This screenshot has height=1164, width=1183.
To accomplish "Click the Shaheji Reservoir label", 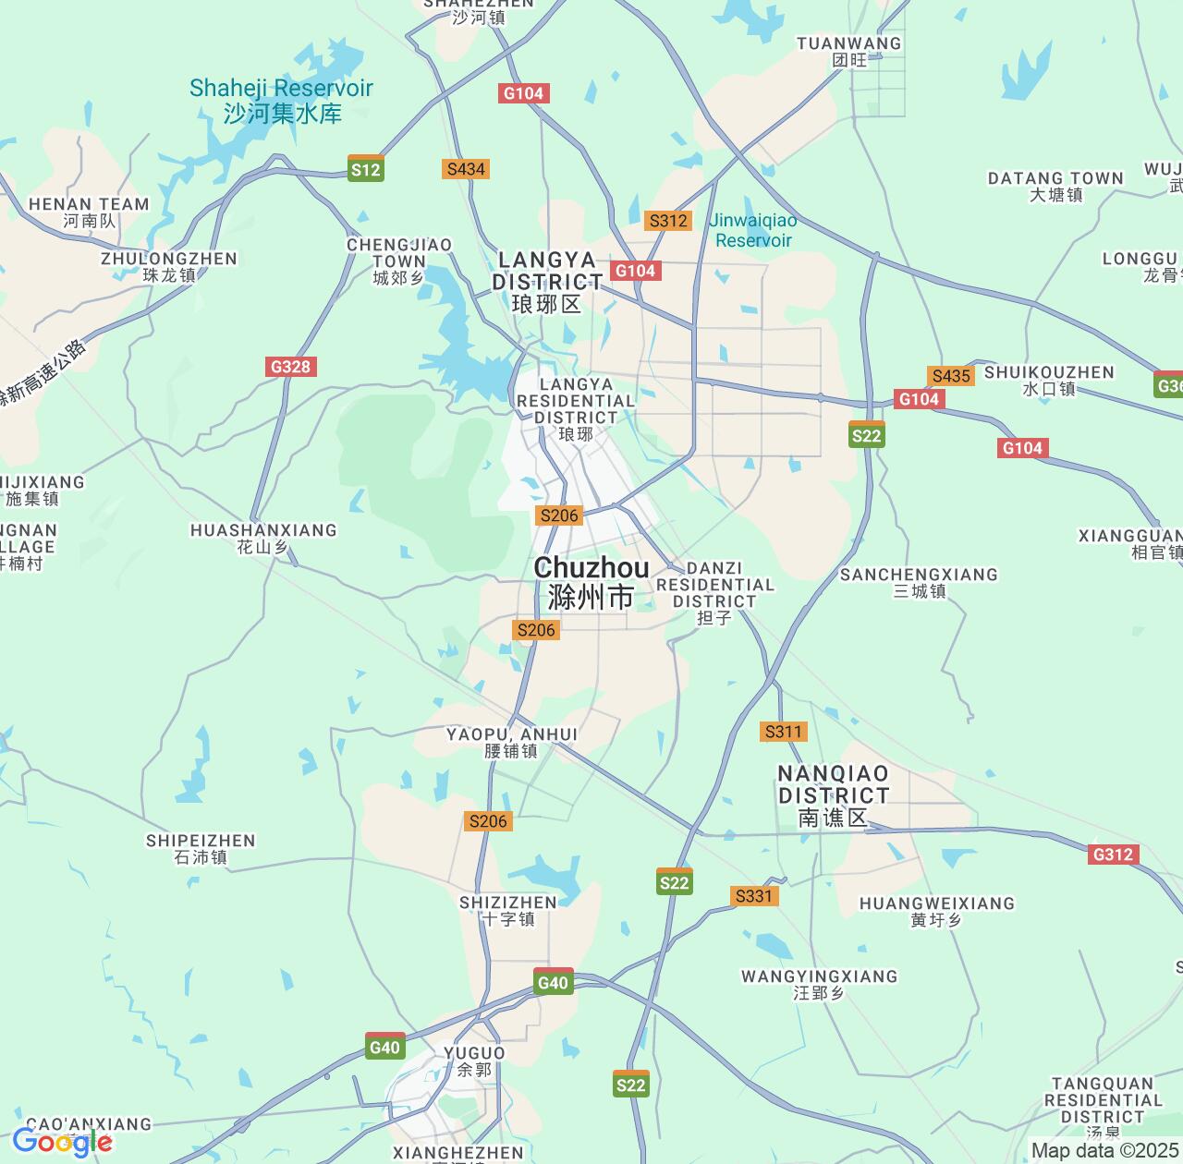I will tap(281, 101).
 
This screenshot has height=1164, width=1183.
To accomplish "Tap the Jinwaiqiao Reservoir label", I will tap(753, 230).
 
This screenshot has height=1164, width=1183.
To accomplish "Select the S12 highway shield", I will tap(365, 169).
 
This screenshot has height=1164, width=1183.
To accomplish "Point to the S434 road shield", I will tap(465, 169).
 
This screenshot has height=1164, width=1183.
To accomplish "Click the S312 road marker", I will tap(667, 221).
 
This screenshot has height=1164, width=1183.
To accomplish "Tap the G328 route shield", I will tap(290, 367).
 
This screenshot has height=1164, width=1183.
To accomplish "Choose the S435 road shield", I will tap(951, 375).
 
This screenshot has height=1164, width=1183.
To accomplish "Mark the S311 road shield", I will tap(783, 732).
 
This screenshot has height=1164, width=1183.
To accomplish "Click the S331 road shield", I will tap(753, 896).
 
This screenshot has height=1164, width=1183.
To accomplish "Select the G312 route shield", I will tap(1112, 854).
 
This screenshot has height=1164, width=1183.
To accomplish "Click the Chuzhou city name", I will tap(591, 582).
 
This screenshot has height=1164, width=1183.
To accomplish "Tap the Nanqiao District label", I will tap(834, 794).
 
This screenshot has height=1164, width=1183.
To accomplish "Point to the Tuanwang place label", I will tap(848, 52).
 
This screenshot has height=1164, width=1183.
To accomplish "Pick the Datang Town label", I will tap(1055, 186).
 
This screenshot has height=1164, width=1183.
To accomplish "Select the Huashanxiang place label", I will tap(263, 538).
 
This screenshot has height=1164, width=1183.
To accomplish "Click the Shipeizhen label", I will tap(201, 848).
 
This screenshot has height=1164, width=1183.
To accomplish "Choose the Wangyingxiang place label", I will tap(819, 984).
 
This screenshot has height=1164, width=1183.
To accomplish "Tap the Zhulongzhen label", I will tap(169, 266).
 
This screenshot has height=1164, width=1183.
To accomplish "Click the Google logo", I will tap(62, 1143).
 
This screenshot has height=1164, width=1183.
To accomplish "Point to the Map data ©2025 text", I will tap(1104, 1150).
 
